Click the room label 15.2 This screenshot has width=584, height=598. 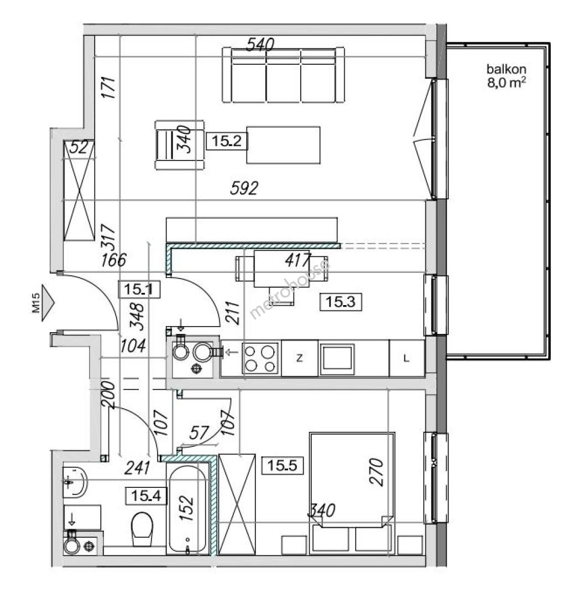pyautogui.click(x=227, y=141)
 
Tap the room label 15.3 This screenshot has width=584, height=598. pyautogui.click(x=341, y=302)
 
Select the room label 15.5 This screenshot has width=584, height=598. pyautogui.click(x=282, y=465)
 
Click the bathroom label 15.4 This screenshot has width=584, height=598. pyautogui.click(x=147, y=496)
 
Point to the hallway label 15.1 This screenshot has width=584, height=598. pyautogui.click(x=139, y=289)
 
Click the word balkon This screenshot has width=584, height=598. pyautogui.click(x=506, y=69)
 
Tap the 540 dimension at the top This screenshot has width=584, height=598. pyautogui.click(x=260, y=45)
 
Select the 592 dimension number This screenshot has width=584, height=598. pyautogui.click(x=244, y=188)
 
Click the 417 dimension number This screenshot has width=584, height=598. pyautogui.click(x=298, y=260)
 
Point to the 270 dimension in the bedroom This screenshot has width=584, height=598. pyautogui.click(x=376, y=472)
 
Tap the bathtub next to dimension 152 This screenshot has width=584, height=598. pyautogui.click(x=188, y=509)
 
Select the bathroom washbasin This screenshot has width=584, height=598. pyautogui.click(x=75, y=482)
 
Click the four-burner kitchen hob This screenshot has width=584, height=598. pyautogui.click(x=260, y=358)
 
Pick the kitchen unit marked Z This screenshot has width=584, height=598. pyautogui.click(x=300, y=358)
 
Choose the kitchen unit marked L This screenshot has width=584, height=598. pyautogui.click(x=406, y=358)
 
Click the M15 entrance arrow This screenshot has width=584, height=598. pyautogui.click(x=48, y=303)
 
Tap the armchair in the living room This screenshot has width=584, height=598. pyautogui.click(x=180, y=145)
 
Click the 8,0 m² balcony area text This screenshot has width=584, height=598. pyautogui.click(x=507, y=83)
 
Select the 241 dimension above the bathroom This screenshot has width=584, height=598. pyautogui.click(x=138, y=468)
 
